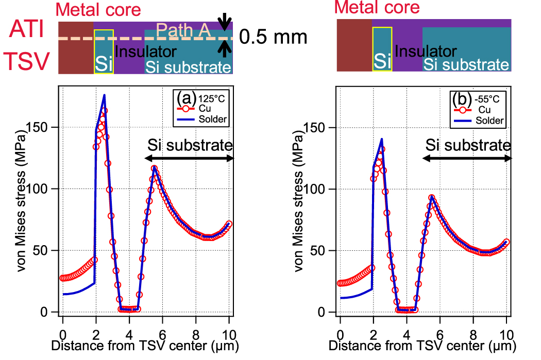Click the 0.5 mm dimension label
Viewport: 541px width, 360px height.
click(x=274, y=37)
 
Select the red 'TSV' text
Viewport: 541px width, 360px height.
click(x=27, y=61)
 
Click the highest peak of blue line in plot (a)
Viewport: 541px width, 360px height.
click(x=104, y=95)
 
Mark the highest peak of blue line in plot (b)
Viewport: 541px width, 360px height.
click(x=382, y=139)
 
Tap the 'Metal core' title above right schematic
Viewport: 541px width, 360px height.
click(x=377, y=7)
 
